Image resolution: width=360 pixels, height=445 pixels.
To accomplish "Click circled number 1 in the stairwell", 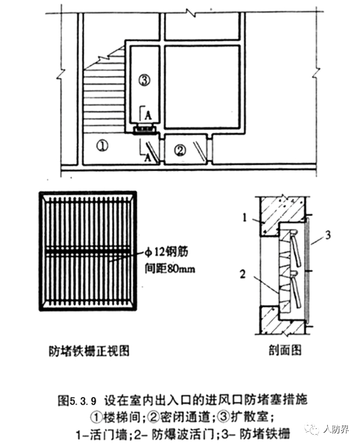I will click(x=102, y=146).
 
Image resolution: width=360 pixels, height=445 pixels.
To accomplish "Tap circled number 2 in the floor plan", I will click(x=181, y=150).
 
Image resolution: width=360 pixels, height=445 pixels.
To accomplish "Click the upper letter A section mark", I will click(x=148, y=114).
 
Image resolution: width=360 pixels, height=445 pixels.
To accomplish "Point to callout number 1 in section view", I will click(x=245, y=218).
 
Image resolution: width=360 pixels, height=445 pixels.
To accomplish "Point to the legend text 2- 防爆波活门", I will click(x=166, y=430).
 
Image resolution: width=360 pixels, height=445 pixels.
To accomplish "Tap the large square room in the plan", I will click(x=202, y=83).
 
